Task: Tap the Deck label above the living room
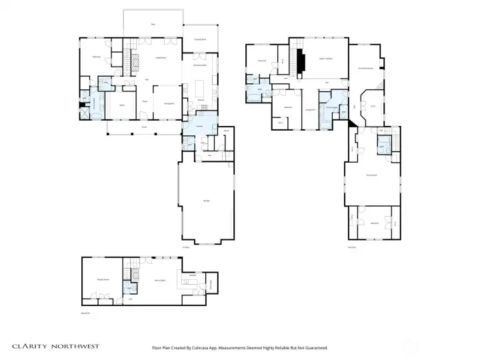tap(153, 25)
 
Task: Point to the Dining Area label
tap(169, 103)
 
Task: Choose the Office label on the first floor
tap(122, 105)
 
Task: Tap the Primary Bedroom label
tap(364, 68)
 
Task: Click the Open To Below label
tap(325, 60)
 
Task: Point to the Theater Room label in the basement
tap(103, 279)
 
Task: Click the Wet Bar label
tap(193, 275)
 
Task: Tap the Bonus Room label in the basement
tap(161, 281)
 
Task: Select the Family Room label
tap(371, 175)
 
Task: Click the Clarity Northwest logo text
tap(56, 346)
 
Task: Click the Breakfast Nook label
tap(200, 65)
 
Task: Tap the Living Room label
tap(160, 59)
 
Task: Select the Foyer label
tap(144, 101)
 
